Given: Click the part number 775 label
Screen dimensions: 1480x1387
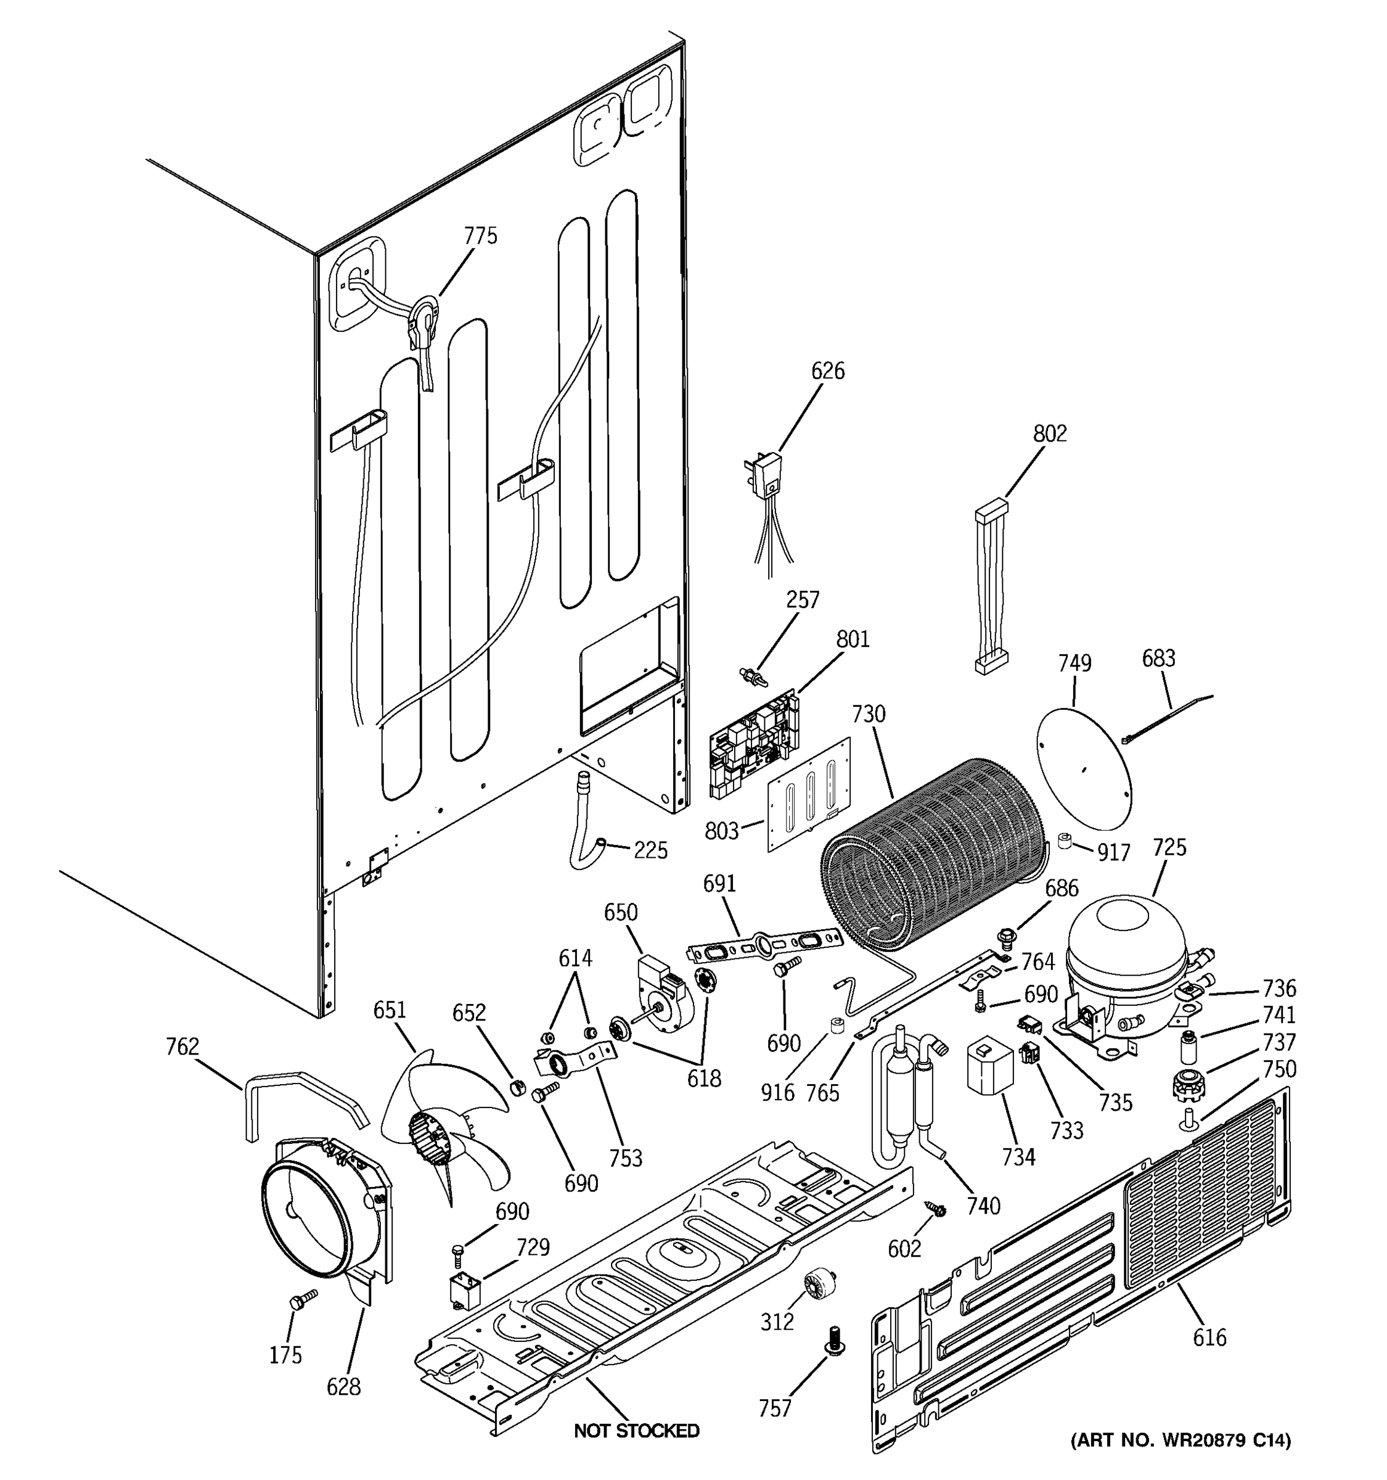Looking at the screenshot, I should pyautogui.click(x=480, y=236).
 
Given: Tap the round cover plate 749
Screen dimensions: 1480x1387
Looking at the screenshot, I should pyautogui.click(x=1084, y=768).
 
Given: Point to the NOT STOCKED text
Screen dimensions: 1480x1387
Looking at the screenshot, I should pyautogui.click(x=636, y=1430).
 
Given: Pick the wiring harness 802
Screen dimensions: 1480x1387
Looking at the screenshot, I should pyautogui.click(x=992, y=588).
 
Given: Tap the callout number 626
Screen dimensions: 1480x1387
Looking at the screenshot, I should pyautogui.click(x=827, y=371).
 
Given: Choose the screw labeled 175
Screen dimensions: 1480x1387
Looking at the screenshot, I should pyautogui.click(x=301, y=1300).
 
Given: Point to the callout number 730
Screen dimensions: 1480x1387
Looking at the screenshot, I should pyautogui.click(x=869, y=714).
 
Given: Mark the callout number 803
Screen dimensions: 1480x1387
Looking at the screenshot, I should pyautogui.click(x=721, y=831).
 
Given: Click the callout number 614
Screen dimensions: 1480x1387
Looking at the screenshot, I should pyautogui.click(x=575, y=958).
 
